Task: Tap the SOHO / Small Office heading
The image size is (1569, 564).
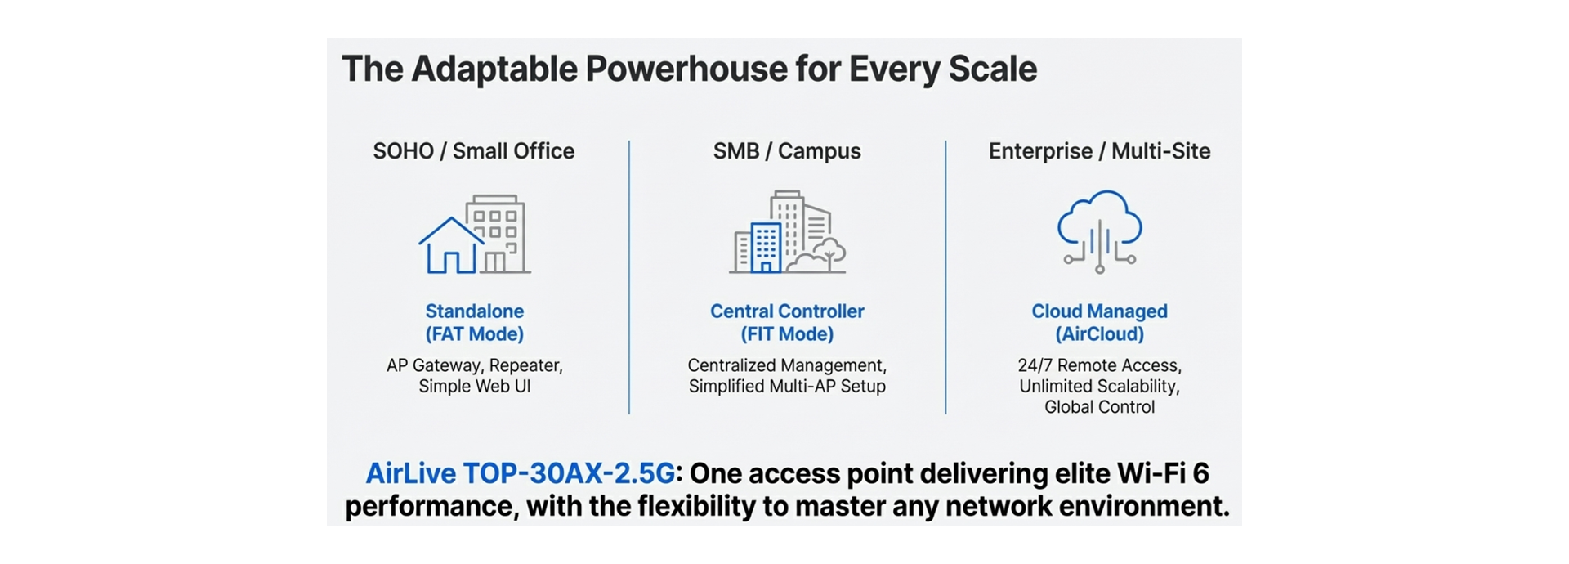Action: coord(473,151)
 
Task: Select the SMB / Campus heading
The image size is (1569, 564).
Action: coord(787,151)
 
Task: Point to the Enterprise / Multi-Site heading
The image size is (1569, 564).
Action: coord(1099,151)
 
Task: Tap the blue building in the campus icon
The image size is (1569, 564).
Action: coord(767,247)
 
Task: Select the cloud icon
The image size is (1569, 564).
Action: coord(1099,221)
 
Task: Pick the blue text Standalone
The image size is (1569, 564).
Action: coord(474,311)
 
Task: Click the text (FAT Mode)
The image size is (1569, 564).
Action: coord(474,334)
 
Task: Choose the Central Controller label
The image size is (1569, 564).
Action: coord(787,311)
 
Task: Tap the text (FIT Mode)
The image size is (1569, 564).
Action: coord(787,334)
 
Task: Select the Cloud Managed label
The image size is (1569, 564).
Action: coord(1099,311)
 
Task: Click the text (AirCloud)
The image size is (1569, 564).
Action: coord(1099,334)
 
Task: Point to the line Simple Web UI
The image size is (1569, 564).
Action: coord(474,387)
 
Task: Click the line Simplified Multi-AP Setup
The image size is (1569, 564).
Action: coord(787,387)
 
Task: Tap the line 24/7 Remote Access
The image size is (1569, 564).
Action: coord(1099,365)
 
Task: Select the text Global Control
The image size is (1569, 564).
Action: coord(1099,407)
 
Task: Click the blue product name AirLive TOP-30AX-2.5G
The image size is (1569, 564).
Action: coord(521,473)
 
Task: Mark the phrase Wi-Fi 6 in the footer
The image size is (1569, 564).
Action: coord(1162,473)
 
